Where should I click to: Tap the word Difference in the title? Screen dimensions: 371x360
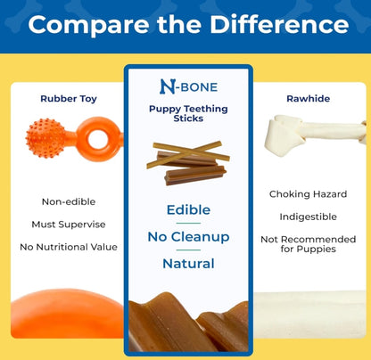pos(279,24)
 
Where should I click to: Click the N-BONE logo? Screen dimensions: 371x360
pos(188,86)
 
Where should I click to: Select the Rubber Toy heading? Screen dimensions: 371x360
pos(69,99)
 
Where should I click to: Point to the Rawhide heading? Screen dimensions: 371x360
pos(309,99)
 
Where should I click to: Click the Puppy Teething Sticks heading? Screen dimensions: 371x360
pos(188,113)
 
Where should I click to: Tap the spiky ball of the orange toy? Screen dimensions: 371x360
pos(46,138)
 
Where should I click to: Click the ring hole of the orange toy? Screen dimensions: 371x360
pos(98,139)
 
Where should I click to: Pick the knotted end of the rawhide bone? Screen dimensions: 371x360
pos(284,135)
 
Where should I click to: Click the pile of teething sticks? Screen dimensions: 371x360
pos(188,163)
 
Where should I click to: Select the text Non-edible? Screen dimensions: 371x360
pos(69,202)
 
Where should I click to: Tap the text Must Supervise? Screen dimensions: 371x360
pos(69,225)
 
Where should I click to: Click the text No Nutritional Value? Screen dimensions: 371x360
pos(69,247)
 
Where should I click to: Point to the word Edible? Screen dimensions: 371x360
pos(188,210)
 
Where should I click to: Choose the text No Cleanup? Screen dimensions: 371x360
pos(188,237)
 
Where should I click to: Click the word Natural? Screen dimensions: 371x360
pos(188,264)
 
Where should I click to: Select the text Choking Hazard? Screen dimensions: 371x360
pos(309,194)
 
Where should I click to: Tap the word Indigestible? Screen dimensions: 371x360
pos(309,217)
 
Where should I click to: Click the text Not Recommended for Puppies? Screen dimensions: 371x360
pos(309,244)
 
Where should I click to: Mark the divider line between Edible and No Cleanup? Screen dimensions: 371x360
pos(188,223)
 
